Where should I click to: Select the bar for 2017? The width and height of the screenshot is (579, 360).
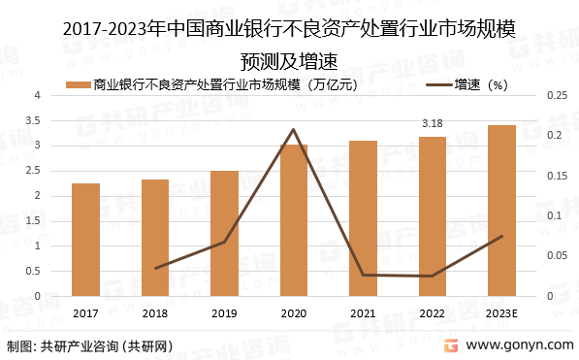pyautogui.click(x=85, y=240)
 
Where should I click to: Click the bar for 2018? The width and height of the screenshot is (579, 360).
pyautogui.click(x=155, y=238)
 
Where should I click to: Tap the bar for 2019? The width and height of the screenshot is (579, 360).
pyautogui.click(x=224, y=233)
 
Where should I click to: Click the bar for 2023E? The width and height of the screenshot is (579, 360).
pyautogui.click(x=501, y=211)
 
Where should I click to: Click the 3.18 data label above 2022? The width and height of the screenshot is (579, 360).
pyautogui.click(x=433, y=124)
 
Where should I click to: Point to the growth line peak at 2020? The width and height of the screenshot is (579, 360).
pyautogui.click(x=294, y=129)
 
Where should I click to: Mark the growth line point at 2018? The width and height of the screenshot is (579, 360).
pyautogui.click(x=155, y=268)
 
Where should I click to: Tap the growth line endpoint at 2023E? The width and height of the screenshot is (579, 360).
pyautogui.click(x=501, y=236)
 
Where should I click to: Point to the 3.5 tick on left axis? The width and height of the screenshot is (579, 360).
pyautogui.click(x=37, y=120)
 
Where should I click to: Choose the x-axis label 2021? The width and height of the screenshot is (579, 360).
pyautogui.click(x=363, y=313)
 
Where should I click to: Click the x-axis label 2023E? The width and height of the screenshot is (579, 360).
pyautogui.click(x=501, y=313)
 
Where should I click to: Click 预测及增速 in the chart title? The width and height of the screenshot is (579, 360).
pyautogui.click(x=289, y=60)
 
